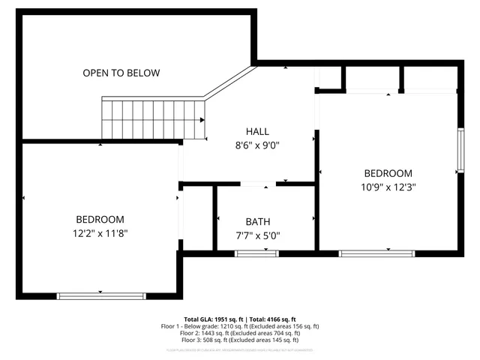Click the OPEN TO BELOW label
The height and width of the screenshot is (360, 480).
coord(121,73)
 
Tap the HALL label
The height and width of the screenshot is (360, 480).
coord(258,130)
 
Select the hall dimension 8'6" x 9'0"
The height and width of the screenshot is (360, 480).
coord(258,145)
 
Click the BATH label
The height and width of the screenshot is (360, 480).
coord(258,222)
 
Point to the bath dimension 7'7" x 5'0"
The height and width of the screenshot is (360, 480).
coord(258,235)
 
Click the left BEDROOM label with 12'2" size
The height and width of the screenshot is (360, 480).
coord(100,220)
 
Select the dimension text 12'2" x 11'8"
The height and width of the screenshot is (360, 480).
coord(100,233)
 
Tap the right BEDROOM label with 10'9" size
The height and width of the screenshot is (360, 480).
coord(388,173)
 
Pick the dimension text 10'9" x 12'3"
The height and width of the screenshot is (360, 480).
coord(388,187)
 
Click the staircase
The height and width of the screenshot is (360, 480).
coord(153,118)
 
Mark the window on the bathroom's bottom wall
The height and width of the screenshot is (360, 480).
coord(257,254)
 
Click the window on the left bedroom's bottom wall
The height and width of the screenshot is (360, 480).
coord(100,295)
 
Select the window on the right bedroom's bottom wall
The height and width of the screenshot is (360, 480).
coord(376,254)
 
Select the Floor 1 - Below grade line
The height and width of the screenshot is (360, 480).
coord(240,326)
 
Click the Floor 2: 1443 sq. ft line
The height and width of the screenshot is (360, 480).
coord(240,334)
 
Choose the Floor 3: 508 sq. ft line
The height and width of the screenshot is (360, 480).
coord(240,341)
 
